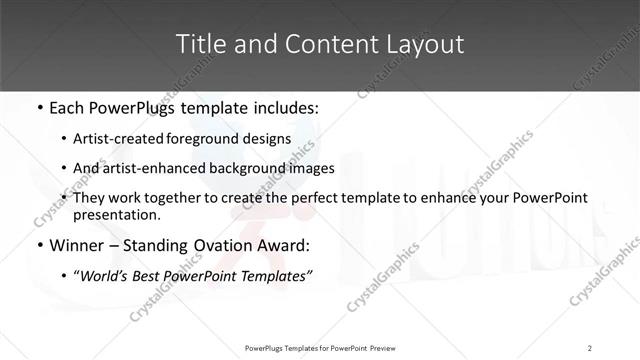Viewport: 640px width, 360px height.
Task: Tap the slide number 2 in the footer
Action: coord(590,348)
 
